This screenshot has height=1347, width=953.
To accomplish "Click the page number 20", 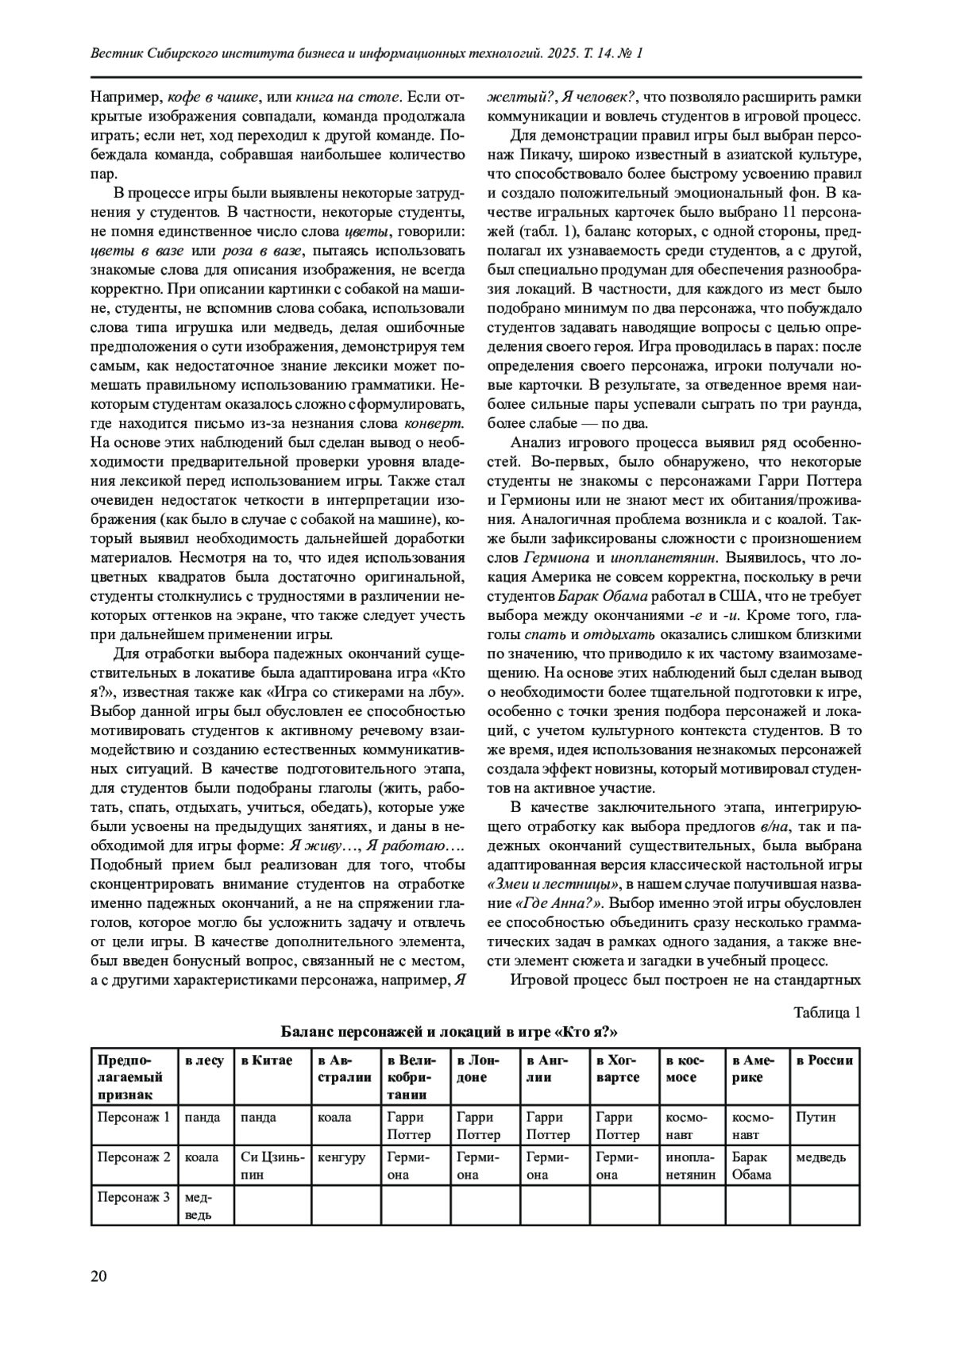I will [x=98, y=1276].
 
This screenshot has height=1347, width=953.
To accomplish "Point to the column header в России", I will [x=824, y=1060].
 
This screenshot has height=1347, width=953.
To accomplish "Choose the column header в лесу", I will [x=204, y=1060].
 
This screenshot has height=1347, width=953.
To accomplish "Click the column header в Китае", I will [x=267, y=1060].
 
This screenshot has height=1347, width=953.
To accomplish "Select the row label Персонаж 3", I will [x=133, y=1196].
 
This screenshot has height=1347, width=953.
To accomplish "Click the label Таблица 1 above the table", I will [x=827, y=1012].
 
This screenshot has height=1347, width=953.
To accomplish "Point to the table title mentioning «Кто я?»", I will [x=449, y=1032].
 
